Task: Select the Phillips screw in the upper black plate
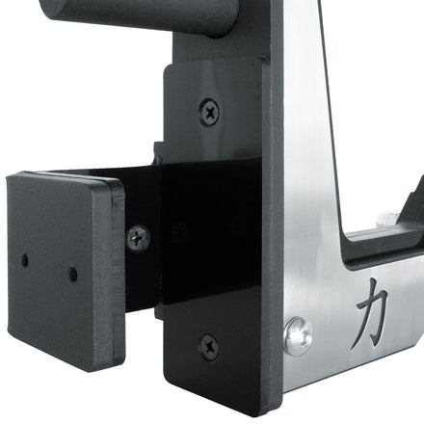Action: tap(209, 111)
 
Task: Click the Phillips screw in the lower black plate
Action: tap(208, 345)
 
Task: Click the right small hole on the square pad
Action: tap(73, 274)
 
